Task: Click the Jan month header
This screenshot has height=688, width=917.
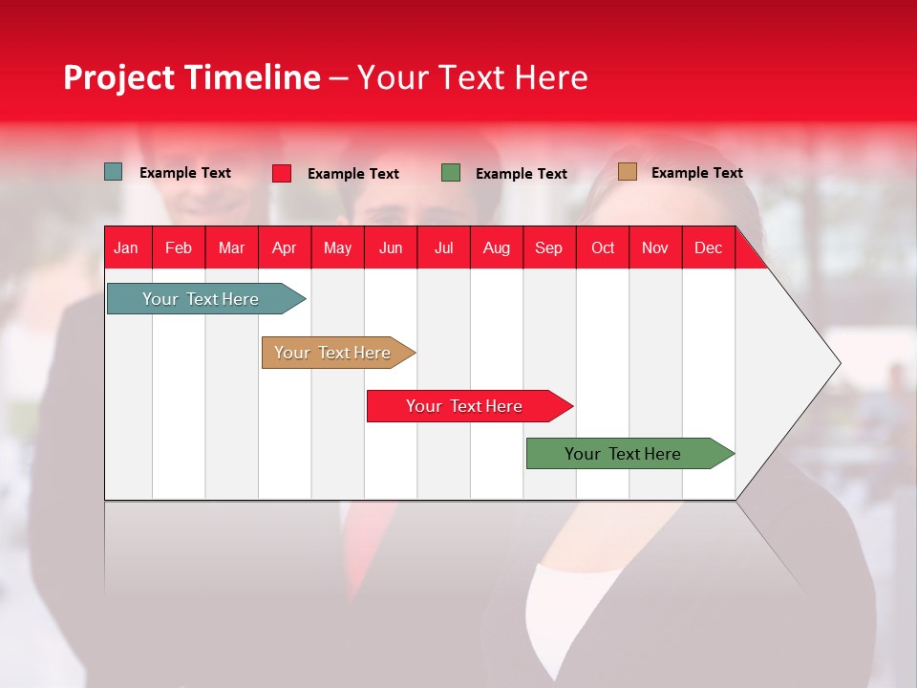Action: click(126, 247)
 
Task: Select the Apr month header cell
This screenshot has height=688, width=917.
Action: click(284, 247)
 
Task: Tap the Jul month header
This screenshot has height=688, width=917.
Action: click(443, 247)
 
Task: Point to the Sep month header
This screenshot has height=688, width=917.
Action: click(548, 247)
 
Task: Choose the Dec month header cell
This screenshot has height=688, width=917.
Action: click(708, 247)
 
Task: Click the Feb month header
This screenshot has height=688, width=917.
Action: click(179, 247)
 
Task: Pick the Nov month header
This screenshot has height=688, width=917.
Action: click(654, 247)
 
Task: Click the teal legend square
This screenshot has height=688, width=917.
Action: click(113, 172)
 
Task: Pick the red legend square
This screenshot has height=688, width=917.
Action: click(282, 173)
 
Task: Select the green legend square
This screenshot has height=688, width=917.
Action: click(451, 173)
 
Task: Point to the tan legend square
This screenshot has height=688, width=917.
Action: click(627, 172)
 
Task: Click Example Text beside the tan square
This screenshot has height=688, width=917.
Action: click(696, 173)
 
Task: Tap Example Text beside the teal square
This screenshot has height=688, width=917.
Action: click(185, 173)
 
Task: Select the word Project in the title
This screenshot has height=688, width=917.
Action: click(119, 77)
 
